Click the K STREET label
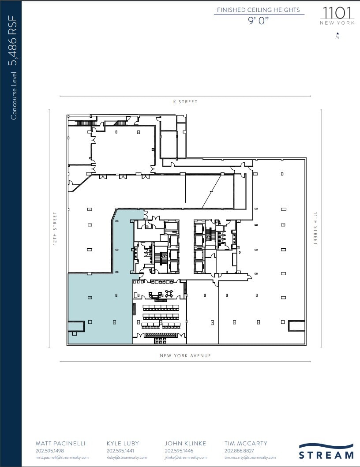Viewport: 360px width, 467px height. click(x=185, y=102)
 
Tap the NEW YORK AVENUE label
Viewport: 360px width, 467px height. click(x=185, y=356)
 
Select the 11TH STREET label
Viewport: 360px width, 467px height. click(x=315, y=228)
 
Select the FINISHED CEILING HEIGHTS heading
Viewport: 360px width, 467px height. click(x=259, y=10)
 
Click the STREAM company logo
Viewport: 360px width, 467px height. click(x=326, y=451)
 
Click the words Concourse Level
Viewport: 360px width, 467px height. click(x=14, y=96)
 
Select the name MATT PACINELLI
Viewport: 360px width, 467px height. click(x=60, y=443)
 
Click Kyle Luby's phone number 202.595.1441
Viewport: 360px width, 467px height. click(x=120, y=451)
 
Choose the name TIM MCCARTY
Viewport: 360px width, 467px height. click(x=246, y=443)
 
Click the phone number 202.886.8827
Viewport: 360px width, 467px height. click(x=239, y=451)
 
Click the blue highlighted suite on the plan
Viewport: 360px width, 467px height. click(x=99, y=309)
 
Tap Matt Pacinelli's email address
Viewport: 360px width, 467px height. click(x=62, y=458)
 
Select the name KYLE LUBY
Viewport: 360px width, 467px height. click(x=123, y=443)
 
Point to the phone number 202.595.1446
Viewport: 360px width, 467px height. click(x=179, y=451)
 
